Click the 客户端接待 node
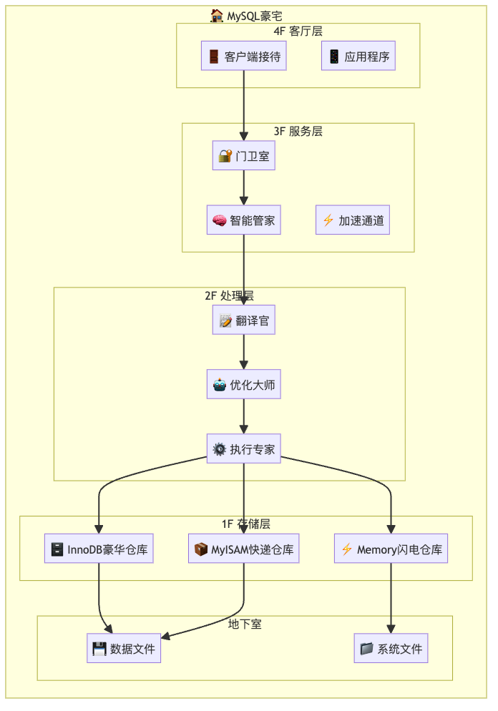(244, 57)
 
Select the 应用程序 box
(358, 57)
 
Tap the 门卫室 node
(244, 156)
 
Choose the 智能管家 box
(244, 220)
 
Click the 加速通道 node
(353, 220)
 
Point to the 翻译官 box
(244, 320)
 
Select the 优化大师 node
(244, 385)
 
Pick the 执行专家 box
(244, 449)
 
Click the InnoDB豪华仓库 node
(99, 549)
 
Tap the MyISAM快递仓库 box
(244, 549)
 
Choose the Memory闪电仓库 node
(391, 549)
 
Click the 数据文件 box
(124, 649)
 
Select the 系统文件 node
(391, 649)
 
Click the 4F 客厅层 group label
(298, 31)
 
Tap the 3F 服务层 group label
(298, 132)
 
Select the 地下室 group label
(245, 624)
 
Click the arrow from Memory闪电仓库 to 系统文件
(391, 598)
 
